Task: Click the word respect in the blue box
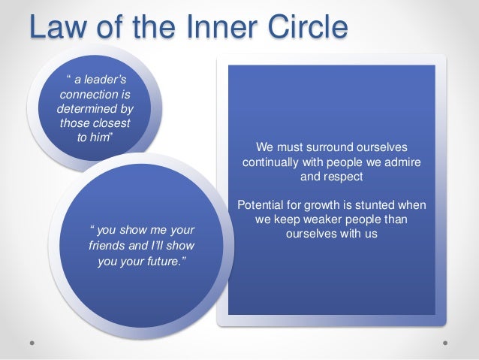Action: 345,178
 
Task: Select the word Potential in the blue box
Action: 264,205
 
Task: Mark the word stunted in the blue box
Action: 378,205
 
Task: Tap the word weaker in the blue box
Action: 316,219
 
